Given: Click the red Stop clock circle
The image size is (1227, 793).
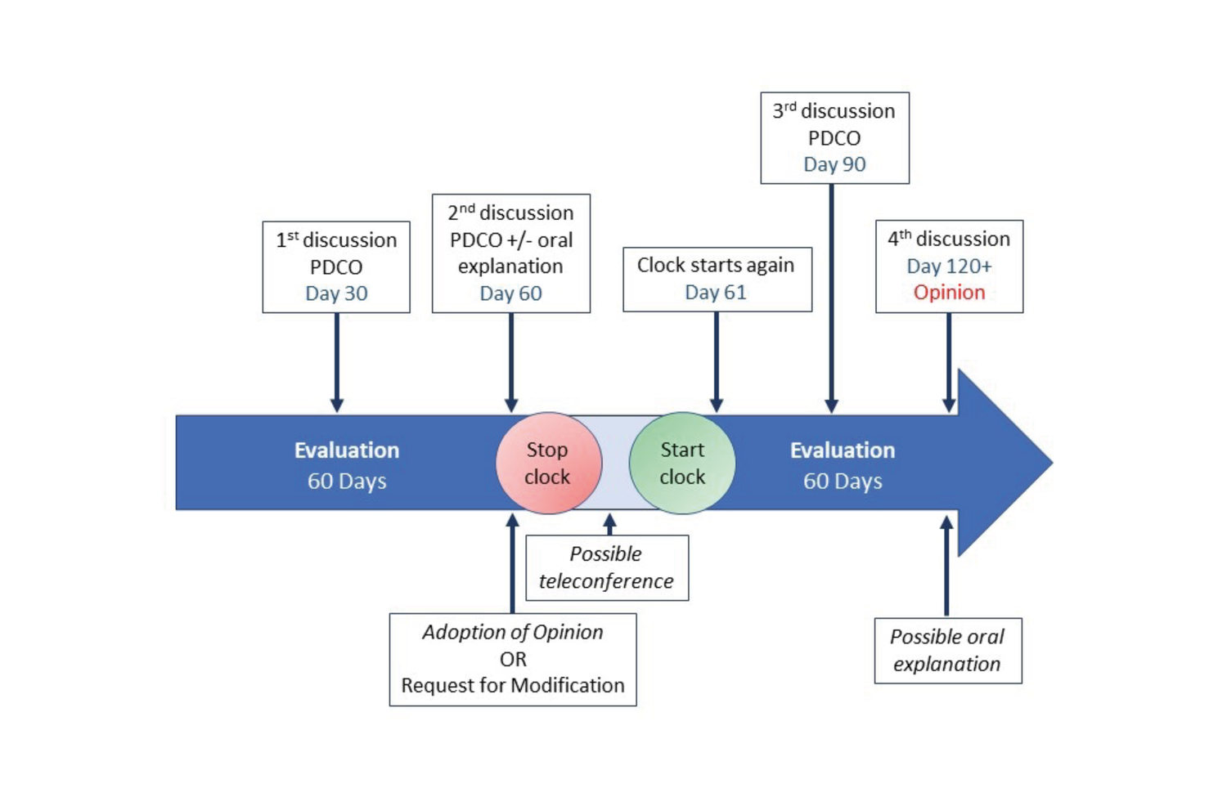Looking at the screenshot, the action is pyautogui.click(x=548, y=463).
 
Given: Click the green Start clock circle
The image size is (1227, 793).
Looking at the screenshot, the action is pyautogui.click(x=681, y=463).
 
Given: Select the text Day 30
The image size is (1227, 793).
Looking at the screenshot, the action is pyautogui.click(x=336, y=293).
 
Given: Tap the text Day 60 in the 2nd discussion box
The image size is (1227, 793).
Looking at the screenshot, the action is pyautogui.click(x=510, y=293).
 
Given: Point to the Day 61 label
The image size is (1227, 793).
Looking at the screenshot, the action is pyautogui.click(x=716, y=293).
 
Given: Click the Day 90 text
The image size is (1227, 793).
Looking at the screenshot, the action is pyautogui.click(x=834, y=164).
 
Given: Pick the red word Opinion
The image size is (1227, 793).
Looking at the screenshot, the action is pyautogui.click(x=949, y=293).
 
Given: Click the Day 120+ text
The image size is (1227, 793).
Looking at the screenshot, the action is pyautogui.click(x=949, y=267).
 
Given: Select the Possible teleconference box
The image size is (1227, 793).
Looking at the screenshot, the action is pyautogui.click(x=606, y=567).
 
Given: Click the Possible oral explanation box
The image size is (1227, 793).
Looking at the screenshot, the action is pyautogui.click(x=947, y=651).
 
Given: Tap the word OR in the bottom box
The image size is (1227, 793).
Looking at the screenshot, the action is pyautogui.click(x=513, y=659).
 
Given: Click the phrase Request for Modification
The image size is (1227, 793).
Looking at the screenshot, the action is pyautogui.click(x=513, y=685).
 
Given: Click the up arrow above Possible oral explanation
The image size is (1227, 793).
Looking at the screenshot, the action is pyautogui.click(x=946, y=564).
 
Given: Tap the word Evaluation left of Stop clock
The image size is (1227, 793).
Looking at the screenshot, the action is pyautogui.click(x=347, y=450).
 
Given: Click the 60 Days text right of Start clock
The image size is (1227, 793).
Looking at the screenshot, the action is pyautogui.click(x=843, y=482).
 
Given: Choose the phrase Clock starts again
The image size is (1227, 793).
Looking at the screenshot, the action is pyautogui.click(x=716, y=266).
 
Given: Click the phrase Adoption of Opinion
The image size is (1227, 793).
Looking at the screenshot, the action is pyautogui.click(x=513, y=632).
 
